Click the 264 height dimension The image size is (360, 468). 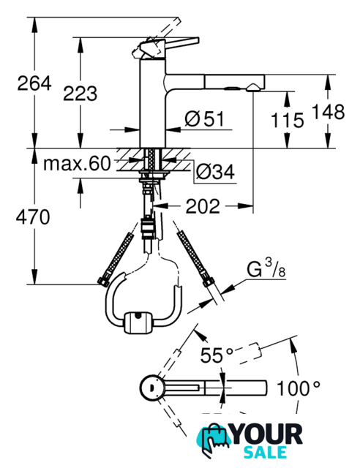(x=34, y=83)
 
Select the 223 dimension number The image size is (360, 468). (x=80, y=93)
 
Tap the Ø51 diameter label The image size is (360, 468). (x=204, y=118)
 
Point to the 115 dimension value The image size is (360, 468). (x=287, y=120)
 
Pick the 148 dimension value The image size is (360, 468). (x=328, y=112)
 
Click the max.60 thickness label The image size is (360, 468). (x=77, y=164)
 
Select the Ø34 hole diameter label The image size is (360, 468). (x=215, y=172)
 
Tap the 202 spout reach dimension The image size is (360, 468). (x=203, y=206)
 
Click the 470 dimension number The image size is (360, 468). (x=33, y=217)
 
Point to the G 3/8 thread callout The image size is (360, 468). (x=266, y=268)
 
